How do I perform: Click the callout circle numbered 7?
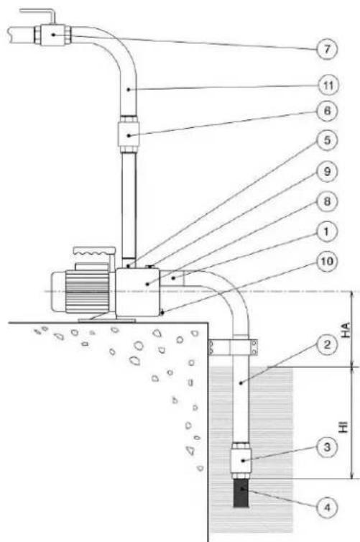click(327, 50)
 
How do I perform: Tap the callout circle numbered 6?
click(327, 111)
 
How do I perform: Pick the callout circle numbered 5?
click(327, 140)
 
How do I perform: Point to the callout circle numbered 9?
click(327, 172)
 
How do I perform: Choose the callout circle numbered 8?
click(327, 201)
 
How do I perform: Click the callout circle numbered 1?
click(327, 231)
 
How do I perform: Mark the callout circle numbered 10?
click(327, 262)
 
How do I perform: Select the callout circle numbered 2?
click(327, 344)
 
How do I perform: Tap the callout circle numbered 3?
click(327, 448)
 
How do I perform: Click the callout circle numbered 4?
click(327, 507)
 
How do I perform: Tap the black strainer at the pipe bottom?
click(241, 492)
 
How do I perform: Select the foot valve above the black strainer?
click(241, 461)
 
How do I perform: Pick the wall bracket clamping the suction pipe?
click(234, 346)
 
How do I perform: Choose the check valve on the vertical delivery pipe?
click(129, 134)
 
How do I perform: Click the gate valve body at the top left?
click(53, 35)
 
